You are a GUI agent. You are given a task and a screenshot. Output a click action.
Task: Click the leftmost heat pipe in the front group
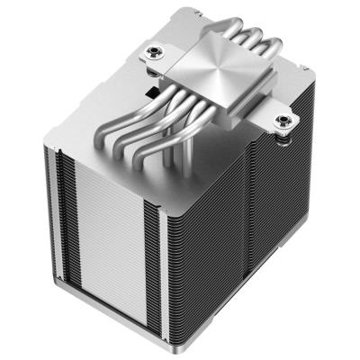137,135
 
